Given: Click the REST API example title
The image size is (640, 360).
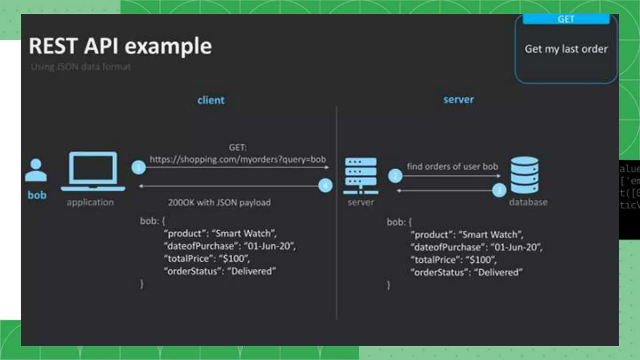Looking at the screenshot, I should tap(120, 46).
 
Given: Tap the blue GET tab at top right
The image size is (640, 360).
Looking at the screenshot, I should tap(566, 19).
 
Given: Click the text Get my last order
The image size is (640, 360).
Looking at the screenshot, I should tap(566, 49).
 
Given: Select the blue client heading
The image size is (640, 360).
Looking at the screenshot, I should tap(211, 100).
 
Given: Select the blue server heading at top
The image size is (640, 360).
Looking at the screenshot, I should tap(458, 100).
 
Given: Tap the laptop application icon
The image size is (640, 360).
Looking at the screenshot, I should tap(93, 171).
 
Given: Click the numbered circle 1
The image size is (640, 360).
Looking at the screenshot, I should tap(138, 167).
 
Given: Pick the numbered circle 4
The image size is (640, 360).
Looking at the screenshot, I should tap(325, 186).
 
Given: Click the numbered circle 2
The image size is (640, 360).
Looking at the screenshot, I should tap(395, 176).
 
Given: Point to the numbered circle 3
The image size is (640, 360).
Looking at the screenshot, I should tap(499, 190).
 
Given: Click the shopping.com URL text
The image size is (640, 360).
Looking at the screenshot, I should tap(237, 159).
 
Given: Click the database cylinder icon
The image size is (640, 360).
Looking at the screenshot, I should tap(524, 175).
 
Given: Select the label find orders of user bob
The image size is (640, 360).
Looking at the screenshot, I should tap(452, 167).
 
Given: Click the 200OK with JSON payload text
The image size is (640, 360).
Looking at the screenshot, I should tap(219, 202).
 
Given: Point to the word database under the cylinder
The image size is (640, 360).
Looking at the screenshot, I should tap(528, 202).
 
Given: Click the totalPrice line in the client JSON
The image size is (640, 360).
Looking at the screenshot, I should tap(207, 259).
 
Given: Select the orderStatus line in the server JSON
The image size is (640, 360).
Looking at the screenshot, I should tap(467, 272).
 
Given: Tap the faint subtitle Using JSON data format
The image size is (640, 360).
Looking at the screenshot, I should tap(81, 67).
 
